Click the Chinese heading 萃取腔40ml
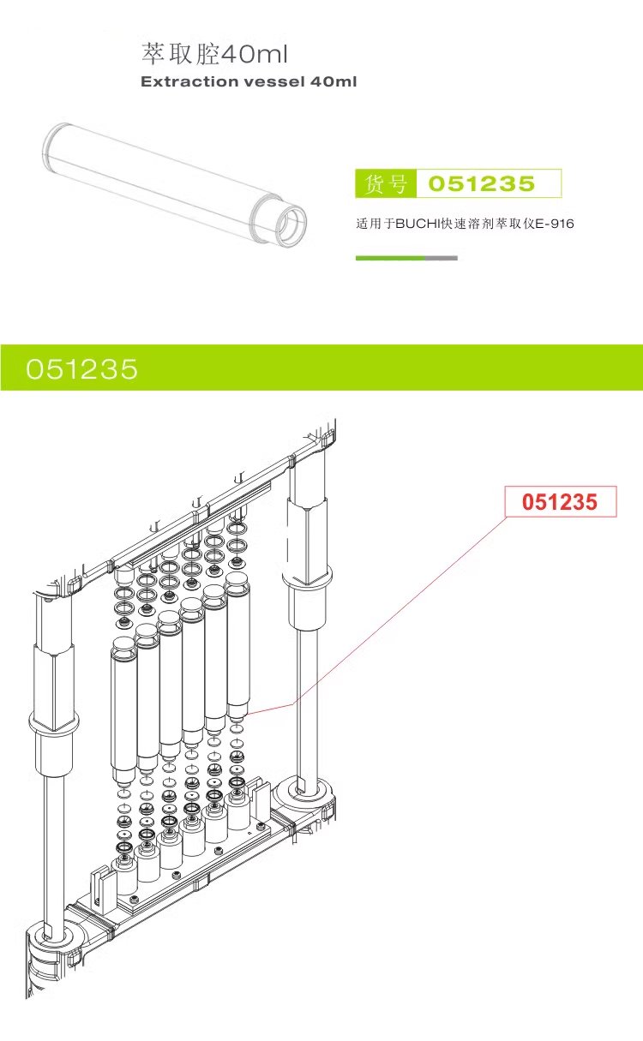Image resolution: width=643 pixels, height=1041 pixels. pos(214,55)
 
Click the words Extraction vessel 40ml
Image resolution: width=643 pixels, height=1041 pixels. pos(248,82)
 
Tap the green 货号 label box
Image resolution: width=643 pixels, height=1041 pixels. pos(385,183)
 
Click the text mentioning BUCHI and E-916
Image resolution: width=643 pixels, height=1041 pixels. pos(464,224)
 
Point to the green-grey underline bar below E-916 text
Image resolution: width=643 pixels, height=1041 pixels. pos(406,258)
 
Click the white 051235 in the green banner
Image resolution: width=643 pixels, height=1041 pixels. pos(81,368)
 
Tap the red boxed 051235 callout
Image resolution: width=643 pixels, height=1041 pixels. pos(561,502)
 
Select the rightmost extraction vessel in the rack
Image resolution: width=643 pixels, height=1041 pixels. pos(237,643)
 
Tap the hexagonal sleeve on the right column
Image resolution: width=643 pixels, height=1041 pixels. pos(306,531)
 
